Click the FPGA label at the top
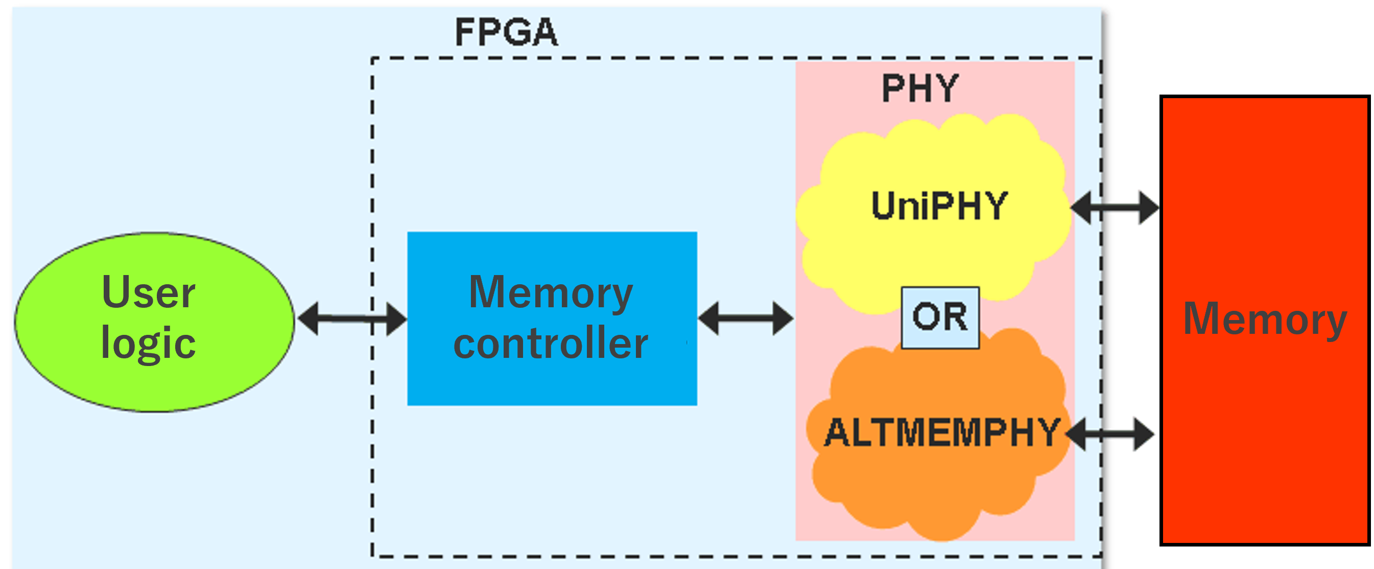click(x=506, y=32)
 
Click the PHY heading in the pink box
click(x=920, y=88)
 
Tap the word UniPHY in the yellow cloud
click(x=939, y=206)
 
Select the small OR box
click(x=940, y=317)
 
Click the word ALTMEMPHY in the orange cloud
click(x=942, y=433)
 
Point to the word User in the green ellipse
click(x=149, y=292)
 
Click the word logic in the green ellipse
click(x=149, y=343)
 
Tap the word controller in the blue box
click(x=551, y=343)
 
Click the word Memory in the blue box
click(x=551, y=292)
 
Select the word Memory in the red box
click(x=1265, y=318)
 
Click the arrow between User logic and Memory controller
click(x=352, y=319)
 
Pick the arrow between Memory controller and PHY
click(x=746, y=318)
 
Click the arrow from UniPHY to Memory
click(x=1115, y=208)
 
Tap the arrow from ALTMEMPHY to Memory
click(x=1110, y=435)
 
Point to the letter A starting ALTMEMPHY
click(x=837, y=433)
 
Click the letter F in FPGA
click(x=465, y=32)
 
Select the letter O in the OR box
click(x=925, y=317)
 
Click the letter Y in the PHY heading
click(x=947, y=88)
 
